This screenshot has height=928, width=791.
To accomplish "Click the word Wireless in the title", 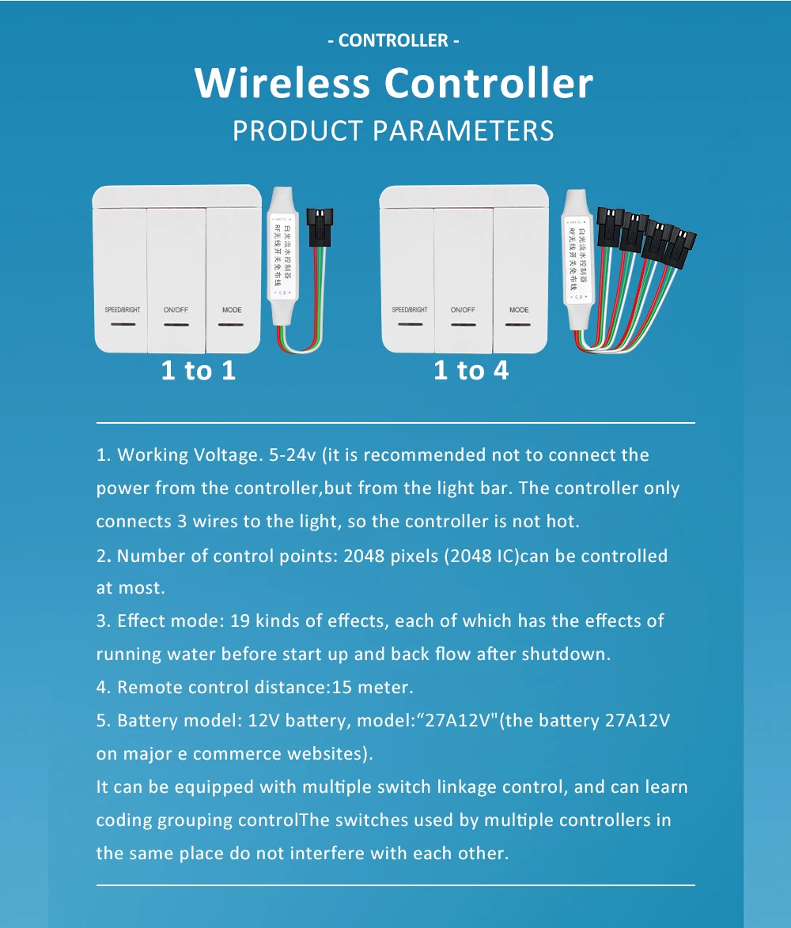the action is (282, 83).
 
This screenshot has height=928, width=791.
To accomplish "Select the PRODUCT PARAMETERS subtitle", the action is (393, 130).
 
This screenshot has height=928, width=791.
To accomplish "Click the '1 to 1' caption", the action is (199, 370).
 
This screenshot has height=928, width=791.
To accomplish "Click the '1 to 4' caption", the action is (471, 370).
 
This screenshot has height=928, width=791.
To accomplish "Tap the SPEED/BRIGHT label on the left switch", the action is (123, 310).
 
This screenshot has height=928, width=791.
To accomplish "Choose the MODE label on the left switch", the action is (232, 310).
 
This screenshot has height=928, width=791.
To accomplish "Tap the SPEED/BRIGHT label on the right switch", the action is (410, 310).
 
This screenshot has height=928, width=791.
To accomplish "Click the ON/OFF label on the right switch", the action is (463, 310).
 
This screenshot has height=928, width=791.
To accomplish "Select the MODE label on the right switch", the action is (519, 310).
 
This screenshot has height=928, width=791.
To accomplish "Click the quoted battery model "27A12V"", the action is (459, 721).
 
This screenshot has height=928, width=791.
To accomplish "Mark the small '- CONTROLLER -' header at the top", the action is (393, 40).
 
